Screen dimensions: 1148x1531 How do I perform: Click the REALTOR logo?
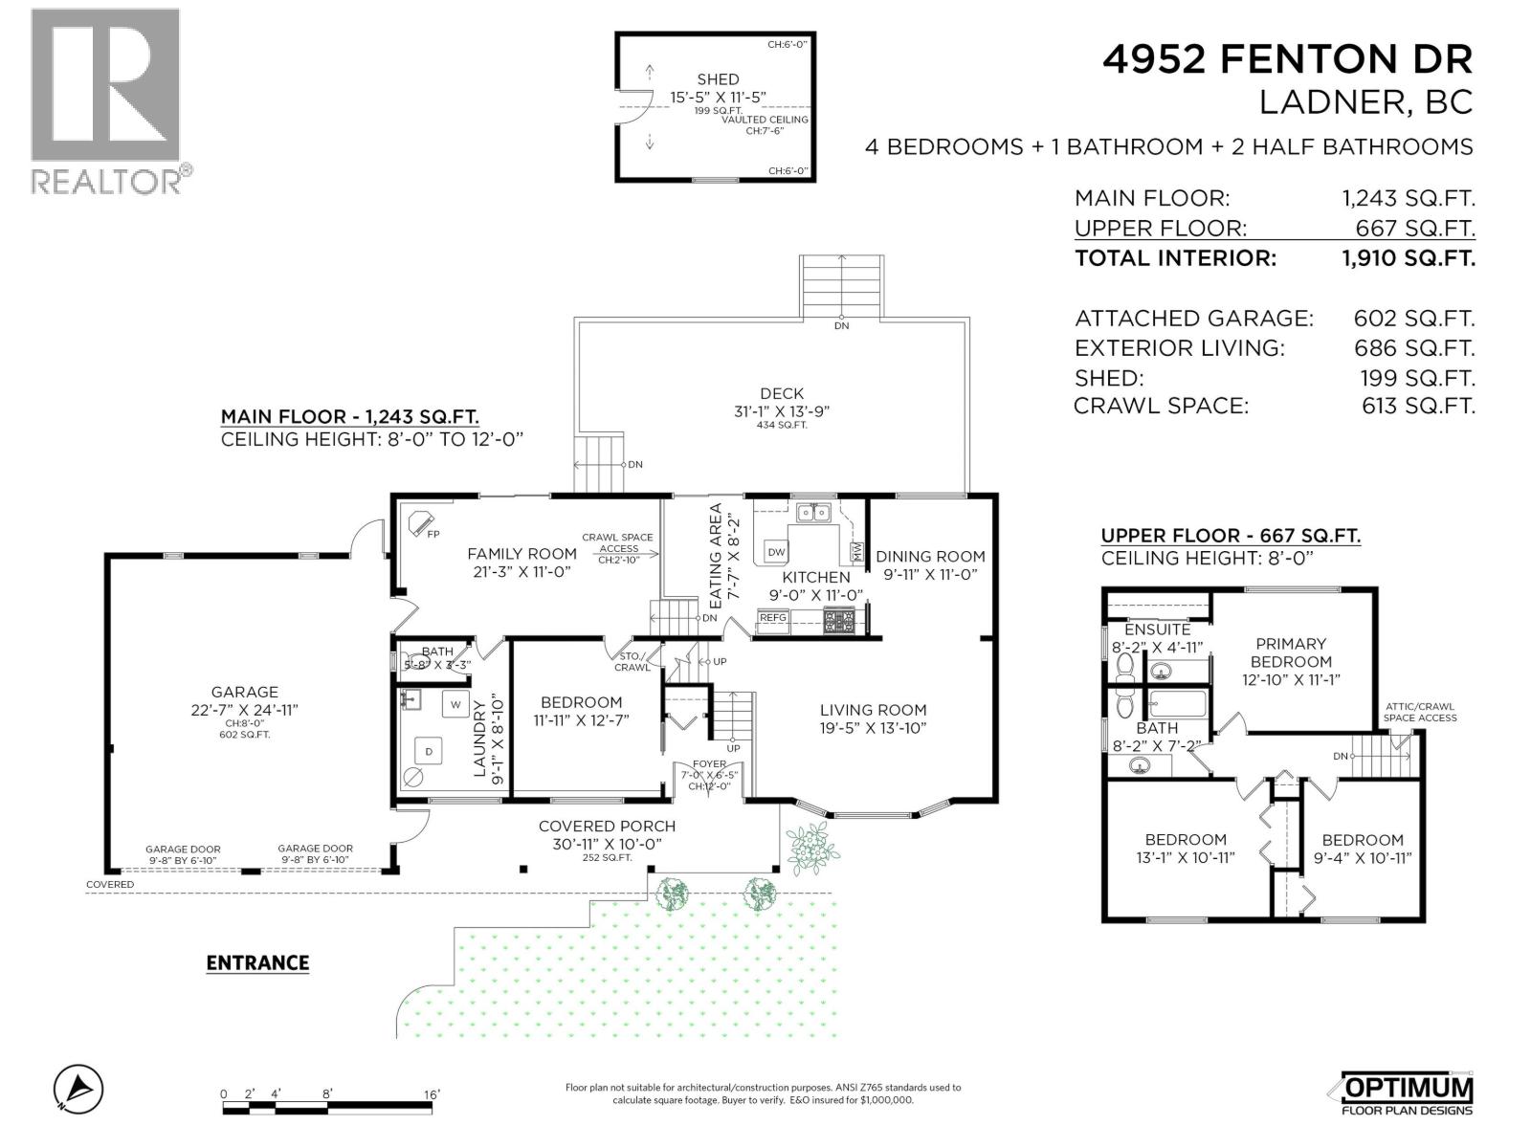tap(105, 100)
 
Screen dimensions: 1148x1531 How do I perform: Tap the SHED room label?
tap(718, 79)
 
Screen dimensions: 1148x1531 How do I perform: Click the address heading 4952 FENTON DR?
tap(1287, 59)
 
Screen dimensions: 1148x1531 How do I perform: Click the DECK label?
tap(782, 393)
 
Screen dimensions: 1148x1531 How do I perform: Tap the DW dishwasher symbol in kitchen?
tap(776, 552)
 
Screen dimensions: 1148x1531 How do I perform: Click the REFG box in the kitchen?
tap(772, 618)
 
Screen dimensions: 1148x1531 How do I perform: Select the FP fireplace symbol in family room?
tap(420, 523)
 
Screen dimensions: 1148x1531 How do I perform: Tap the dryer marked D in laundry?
tap(429, 752)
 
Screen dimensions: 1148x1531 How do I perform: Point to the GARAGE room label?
tap(245, 692)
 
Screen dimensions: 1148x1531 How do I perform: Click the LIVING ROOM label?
tap(873, 710)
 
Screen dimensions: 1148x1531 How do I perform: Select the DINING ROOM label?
tap(929, 556)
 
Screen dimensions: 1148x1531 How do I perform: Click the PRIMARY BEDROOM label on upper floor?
tap(1291, 652)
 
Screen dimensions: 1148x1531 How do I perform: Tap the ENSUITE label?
tap(1157, 629)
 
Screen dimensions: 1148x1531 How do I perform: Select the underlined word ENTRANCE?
tap(257, 963)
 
